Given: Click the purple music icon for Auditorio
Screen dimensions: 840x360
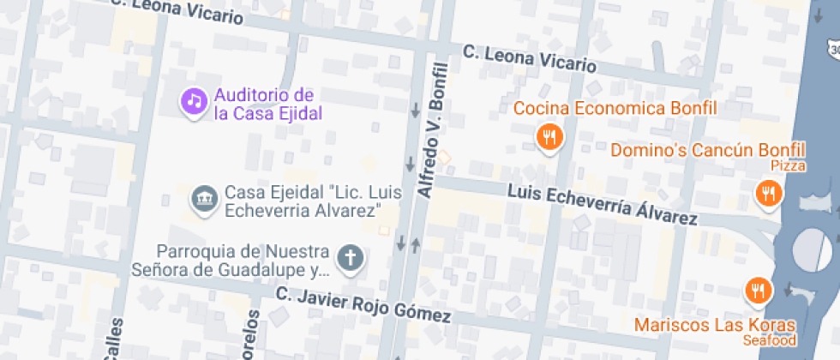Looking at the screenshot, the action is click(x=195, y=101).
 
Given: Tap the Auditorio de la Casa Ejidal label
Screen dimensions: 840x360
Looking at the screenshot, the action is click(x=265, y=104).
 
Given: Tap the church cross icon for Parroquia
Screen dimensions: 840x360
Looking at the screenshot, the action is click(x=350, y=256).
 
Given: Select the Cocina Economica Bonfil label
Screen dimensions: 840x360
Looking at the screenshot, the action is click(x=615, y=109).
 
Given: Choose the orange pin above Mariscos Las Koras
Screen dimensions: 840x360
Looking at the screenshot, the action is click(x=757, y=291).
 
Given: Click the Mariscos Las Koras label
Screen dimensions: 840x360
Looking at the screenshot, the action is click(x=715, y=326).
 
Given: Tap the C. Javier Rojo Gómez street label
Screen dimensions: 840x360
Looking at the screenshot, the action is click(x=363, y=305).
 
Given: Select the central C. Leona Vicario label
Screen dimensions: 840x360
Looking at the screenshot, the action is click(x=529, y=58).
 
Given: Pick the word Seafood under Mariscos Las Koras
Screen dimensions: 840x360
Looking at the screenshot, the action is click(x=771, y=340).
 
